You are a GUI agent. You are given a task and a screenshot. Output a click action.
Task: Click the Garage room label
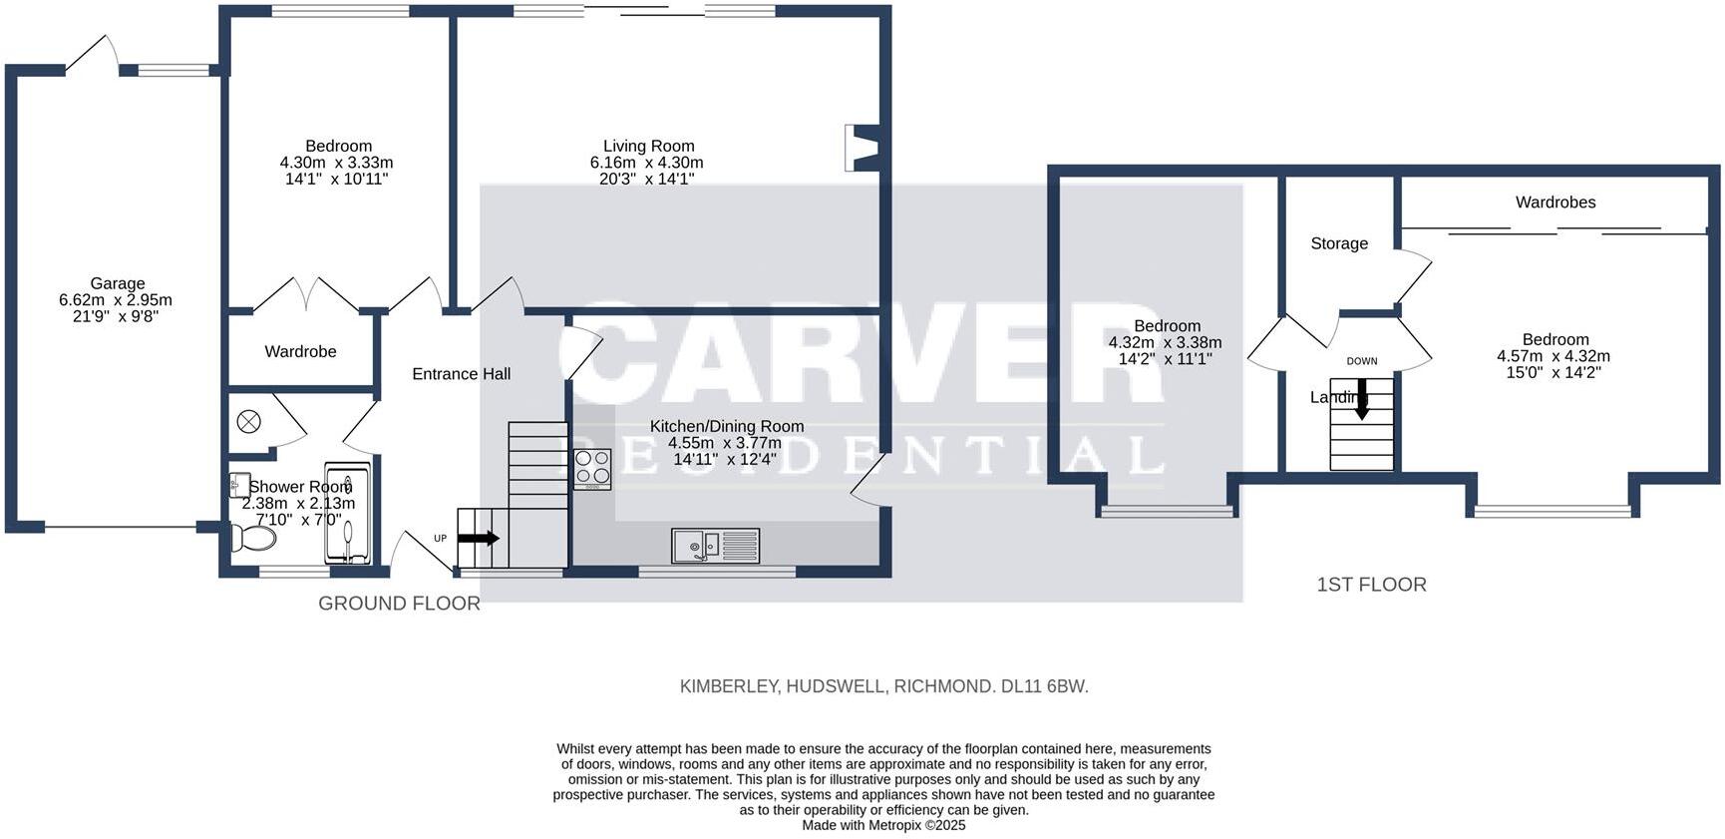[117, 283]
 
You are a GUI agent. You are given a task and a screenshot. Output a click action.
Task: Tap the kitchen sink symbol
[715, 546]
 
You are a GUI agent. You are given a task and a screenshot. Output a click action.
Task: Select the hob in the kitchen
[592, 469]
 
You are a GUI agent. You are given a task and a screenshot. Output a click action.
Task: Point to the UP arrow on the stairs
[479, 538]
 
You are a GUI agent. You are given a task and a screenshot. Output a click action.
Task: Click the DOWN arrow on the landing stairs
[1361, 399]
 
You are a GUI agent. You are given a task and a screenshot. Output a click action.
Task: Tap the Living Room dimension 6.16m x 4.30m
[647, 163]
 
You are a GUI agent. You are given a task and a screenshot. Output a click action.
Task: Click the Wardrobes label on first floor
[1555, 203]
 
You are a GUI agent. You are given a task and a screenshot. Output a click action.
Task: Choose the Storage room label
[1338, 243]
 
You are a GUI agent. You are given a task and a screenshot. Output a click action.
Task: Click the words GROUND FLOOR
[399, 604]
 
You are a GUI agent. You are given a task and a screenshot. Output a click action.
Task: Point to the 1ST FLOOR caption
[1371, 585]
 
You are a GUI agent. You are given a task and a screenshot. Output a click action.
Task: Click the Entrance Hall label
[461, 374]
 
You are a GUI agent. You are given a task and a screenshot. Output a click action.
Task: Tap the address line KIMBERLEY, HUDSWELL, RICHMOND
[883, 686]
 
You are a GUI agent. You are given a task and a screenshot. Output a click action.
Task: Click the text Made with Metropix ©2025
[883, 825]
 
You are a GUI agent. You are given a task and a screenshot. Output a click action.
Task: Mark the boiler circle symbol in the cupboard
[248, 422]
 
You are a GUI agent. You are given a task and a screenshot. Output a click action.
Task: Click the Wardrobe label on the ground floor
[300, 351]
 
